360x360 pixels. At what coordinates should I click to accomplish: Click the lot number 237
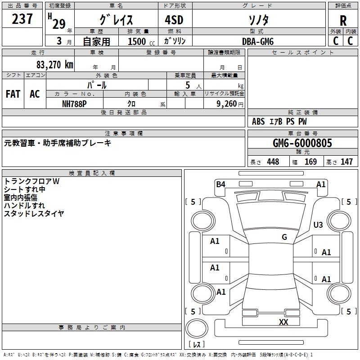point(22,19)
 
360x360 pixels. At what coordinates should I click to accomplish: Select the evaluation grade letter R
point(343,20)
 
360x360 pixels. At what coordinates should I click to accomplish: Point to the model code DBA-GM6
point(258,41)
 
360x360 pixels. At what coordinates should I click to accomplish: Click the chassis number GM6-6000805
point(302,143)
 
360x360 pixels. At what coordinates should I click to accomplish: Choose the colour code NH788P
point(75,103)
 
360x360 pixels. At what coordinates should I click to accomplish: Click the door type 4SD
point(175,20)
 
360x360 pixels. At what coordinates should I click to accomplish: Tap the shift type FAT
point(13,94)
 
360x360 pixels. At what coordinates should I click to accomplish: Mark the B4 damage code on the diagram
point(220,184)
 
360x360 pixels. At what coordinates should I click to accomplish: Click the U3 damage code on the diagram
point(318,225)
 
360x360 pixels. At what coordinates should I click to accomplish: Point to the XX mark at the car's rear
point(283,322)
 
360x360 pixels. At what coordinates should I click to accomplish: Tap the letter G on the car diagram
point(284,237)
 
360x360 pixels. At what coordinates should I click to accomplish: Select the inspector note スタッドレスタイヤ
point(34,213)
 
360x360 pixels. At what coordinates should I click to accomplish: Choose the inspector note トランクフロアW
point(32,181)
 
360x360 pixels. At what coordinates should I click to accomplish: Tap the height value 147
point(346,162)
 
